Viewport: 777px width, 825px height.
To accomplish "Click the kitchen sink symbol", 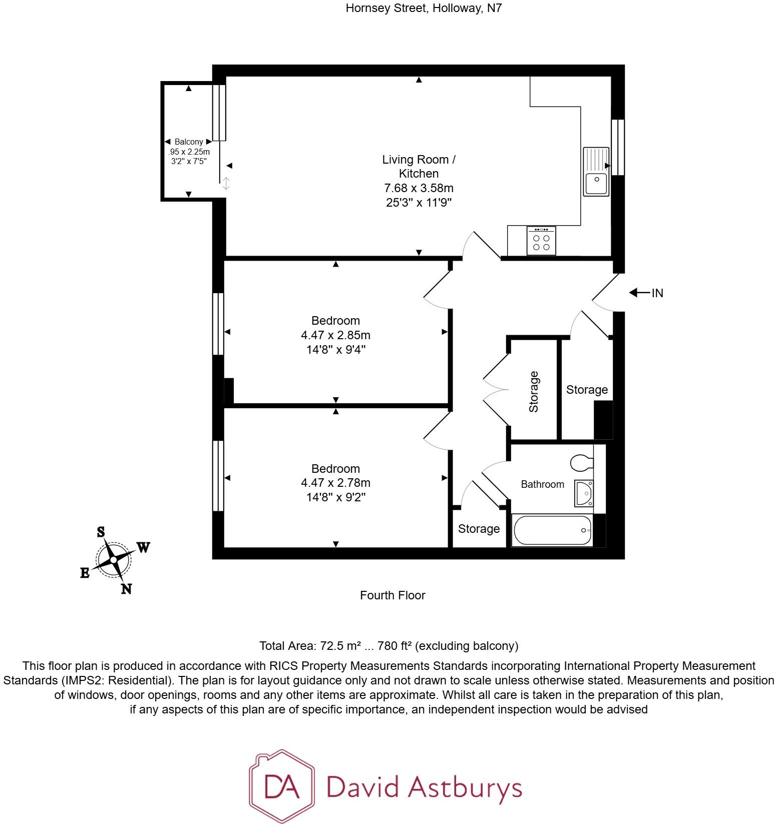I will pyautogui.click(x=596, y=172).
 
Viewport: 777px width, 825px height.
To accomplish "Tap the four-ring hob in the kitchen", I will pyautogui.click(x=541, y=242).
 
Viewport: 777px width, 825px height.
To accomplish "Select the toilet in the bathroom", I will pyautogui.click(x=581, y=462).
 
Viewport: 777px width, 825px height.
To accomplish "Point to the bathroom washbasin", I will pyautogui.click(x=584, y=493).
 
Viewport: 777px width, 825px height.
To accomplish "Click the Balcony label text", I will pyautogui.click(x=189, y=142).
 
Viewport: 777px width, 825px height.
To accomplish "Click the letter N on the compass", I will pyautogui.click(x=127, y=589).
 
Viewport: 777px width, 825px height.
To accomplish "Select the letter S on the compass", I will pyautogui.click(x=101, y=532).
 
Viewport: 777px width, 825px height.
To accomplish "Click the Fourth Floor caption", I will pyautogui.click(x=393, y=595).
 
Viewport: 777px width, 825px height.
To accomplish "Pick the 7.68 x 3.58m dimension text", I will pyautogui.click(x=419, y=189).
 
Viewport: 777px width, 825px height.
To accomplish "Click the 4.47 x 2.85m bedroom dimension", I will pyautogui.click(x=335, y=335).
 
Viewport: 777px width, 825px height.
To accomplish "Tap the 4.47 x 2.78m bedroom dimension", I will pyautogui.click(x=335, y=483).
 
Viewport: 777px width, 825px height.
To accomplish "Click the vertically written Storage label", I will pyautogui.click(x=534, y=392).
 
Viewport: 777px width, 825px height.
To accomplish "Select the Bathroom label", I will pyautogui.click(x=542, y=484).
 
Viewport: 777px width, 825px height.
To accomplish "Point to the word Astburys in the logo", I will pyautogui.click(x=465, y=787).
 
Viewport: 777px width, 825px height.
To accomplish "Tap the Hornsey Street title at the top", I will pyautogui.click(x=423, y=8).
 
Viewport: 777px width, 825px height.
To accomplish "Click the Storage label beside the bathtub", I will pyautogui.click(x=479, y=529).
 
